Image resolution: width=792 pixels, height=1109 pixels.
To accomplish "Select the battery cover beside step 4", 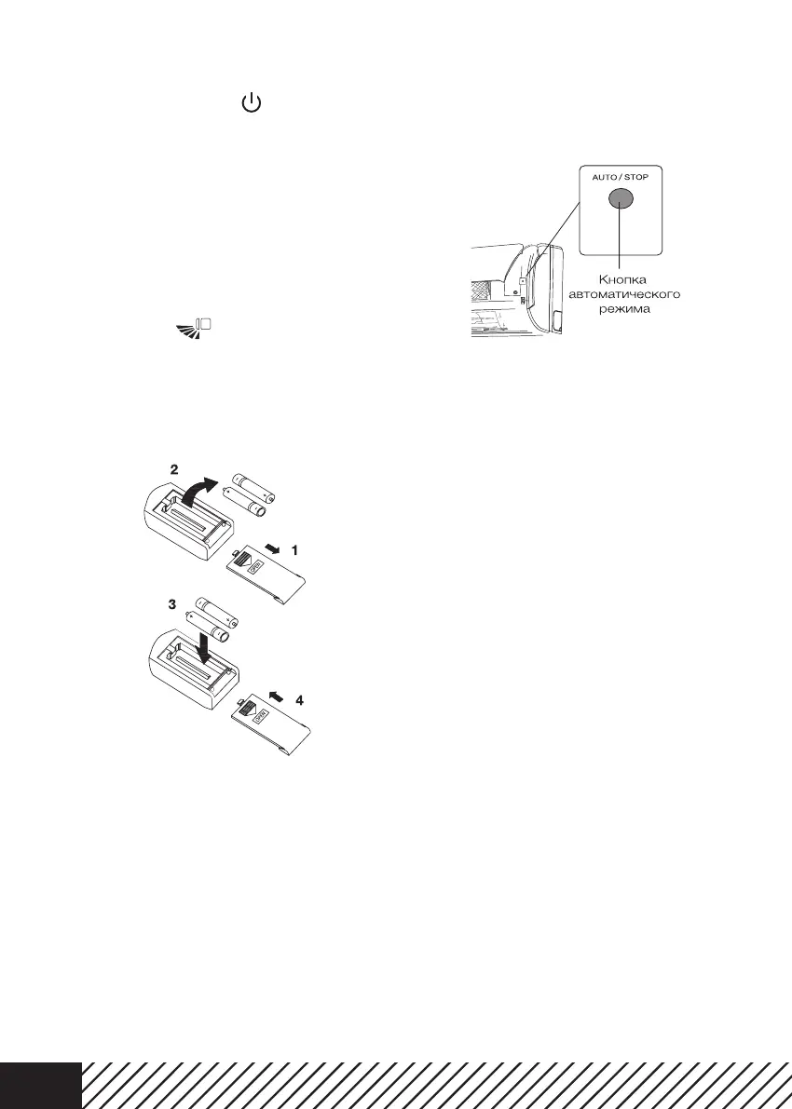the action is (x=273, y=726).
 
